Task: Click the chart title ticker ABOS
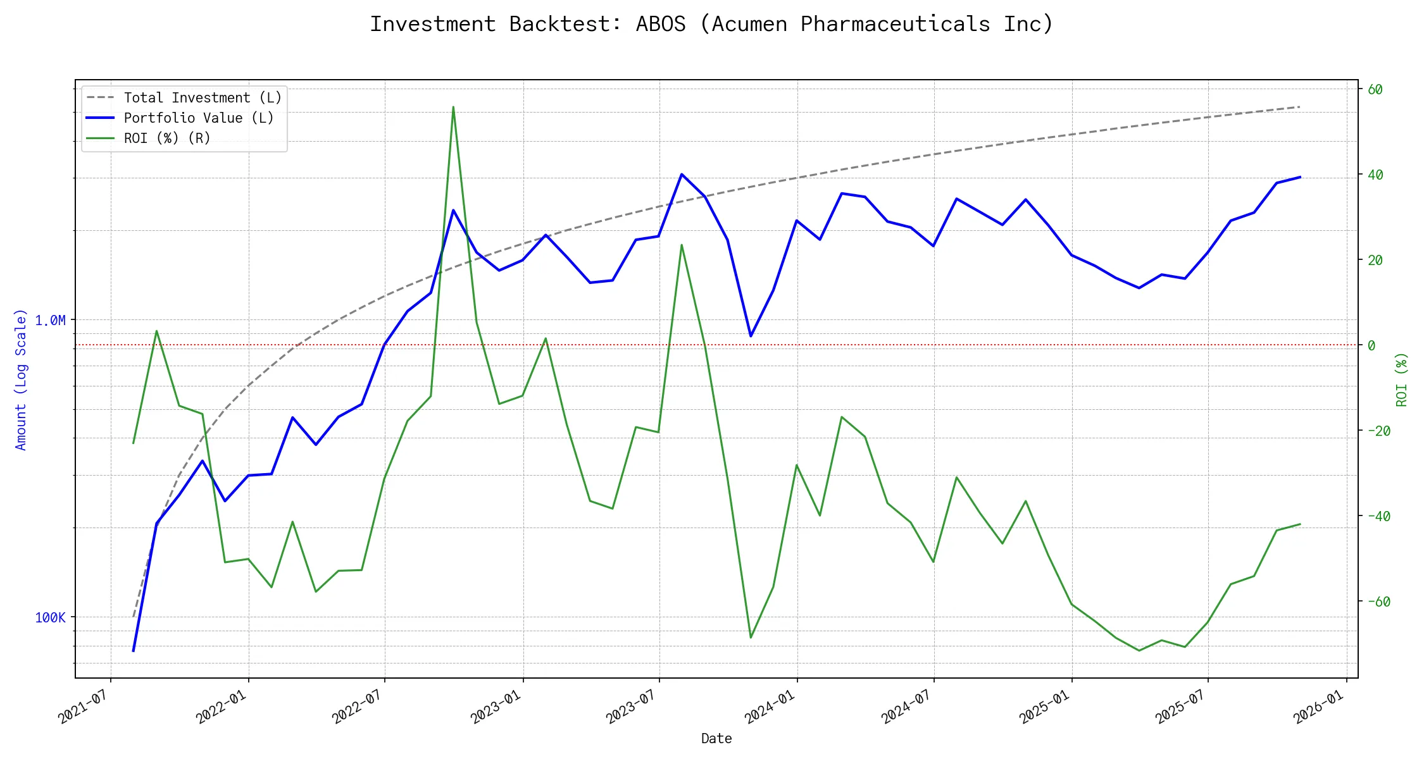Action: pyautogui.click(x=660, y=24)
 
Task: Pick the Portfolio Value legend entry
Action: pyautogui.click(x=198, y=118)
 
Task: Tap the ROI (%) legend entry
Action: pyautogui.click(x=167, y=139)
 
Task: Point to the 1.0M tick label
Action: pyautogui.click(x=50, y=321)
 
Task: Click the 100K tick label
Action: pyautogui.click(x=50, y=618)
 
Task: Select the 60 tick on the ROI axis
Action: pyautogui.click(x=1375, y=89)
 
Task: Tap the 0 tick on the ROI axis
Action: pyautogui.click(x=1371, y=345)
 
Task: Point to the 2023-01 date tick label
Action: pyautogui.click(x=496, y=707)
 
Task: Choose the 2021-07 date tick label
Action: pyautogui.click(x=84, y=707)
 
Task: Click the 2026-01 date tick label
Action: pyautogui.click(x=1319, y=707)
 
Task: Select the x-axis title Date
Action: pyautogui.click(x=716, y=739)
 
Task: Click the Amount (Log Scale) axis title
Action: pyautogui.click(x=21, y=379)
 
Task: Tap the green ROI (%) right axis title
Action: pyautogui.click(x=1402, y=379)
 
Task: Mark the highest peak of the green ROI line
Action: pyautogui.click(x=453, y=107)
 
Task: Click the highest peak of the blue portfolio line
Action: pyautogui.click(x=681, y=174)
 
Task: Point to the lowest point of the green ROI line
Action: pyautogui.click(x=1139, y=650)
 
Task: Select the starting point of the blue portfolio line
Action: pyautogui.click(x=133, y=650)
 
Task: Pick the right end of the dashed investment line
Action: pyautogui.click(x=1300, y=107)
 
